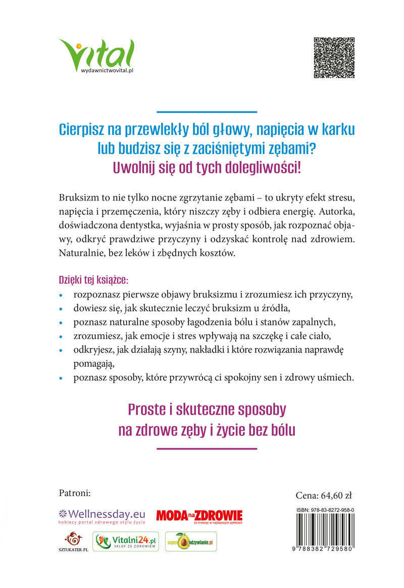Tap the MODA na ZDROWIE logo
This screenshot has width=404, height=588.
point(199,516)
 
